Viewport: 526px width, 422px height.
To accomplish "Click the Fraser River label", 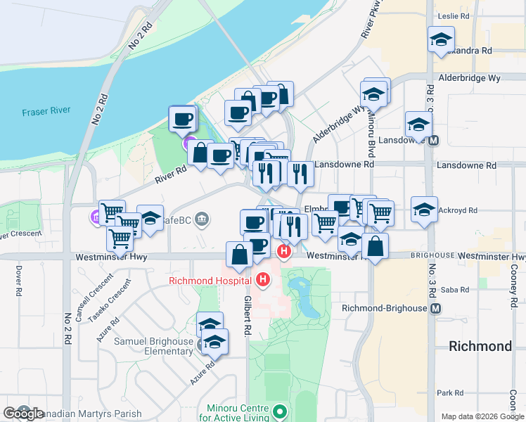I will pos(44,112).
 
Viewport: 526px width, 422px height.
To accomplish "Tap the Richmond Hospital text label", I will pos(210,281).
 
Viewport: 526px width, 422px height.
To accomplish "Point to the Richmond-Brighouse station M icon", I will pos(436,308).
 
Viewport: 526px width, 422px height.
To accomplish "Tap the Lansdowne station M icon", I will pos(434,140).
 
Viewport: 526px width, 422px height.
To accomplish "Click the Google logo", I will pos(23,414).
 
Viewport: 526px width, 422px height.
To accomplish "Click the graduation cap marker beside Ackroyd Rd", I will pos(425,209).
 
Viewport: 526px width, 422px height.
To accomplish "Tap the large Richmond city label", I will pos(480,346).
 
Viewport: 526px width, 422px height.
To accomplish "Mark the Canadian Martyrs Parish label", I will pos(91,414).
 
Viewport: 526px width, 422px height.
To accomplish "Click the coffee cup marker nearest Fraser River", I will pos(183,118).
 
